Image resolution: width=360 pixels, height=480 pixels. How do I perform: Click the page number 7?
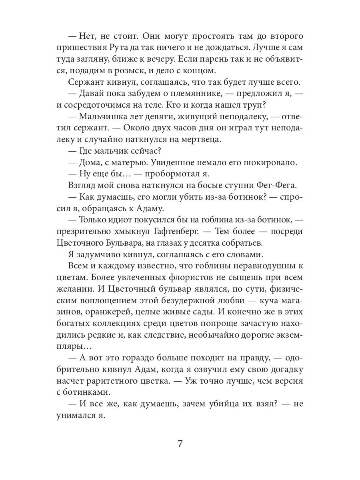point(180,444)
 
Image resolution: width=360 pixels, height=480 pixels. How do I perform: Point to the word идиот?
point(125,220)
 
